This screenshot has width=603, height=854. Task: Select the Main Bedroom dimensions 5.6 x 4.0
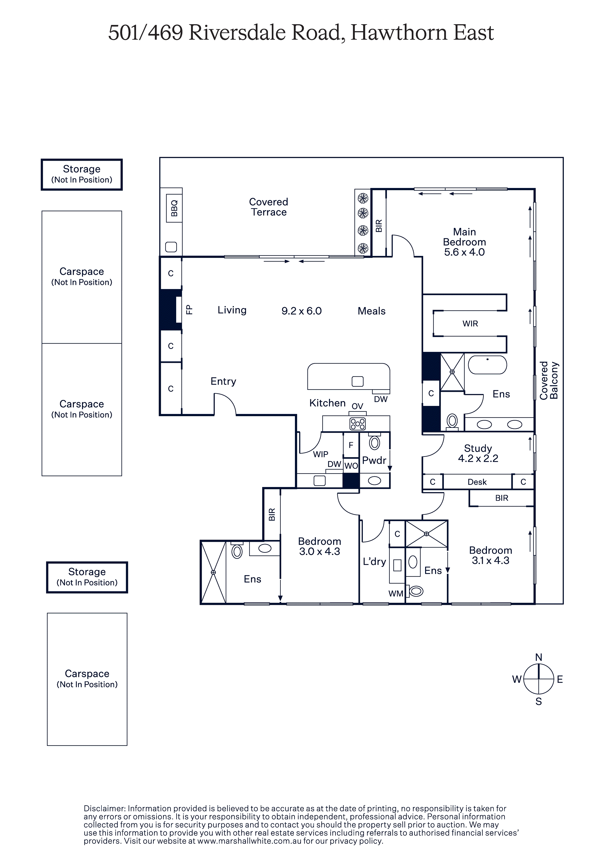(464, 252)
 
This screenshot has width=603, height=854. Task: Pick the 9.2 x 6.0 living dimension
(301, 311)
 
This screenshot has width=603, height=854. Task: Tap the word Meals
(371, 311)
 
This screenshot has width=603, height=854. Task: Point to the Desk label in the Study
(477, 482)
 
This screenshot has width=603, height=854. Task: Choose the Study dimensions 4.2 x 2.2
(478, 459)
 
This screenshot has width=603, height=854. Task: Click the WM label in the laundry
(396, 594)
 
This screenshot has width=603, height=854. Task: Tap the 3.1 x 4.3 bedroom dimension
(490, 561)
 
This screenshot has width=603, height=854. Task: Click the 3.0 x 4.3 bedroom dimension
(319, 552)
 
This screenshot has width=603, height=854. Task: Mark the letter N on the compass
(538, 657)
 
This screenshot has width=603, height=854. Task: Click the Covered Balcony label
(549, 380)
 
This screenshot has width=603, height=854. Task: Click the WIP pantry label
(320, 454)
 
